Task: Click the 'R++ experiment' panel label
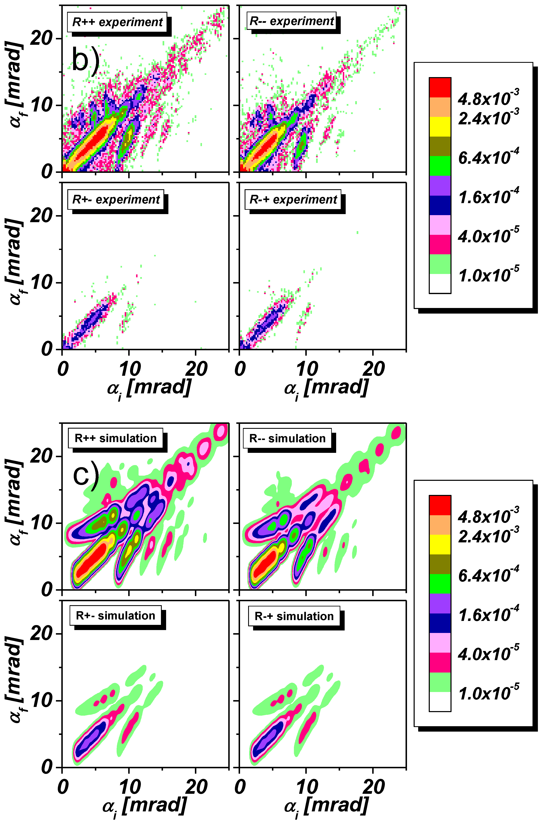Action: pos(117,22)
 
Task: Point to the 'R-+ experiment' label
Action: pos(293,200)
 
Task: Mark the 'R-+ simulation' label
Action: pos(294,616)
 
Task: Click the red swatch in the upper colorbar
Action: pos(440,87)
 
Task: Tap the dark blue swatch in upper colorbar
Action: pos(440,205)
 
